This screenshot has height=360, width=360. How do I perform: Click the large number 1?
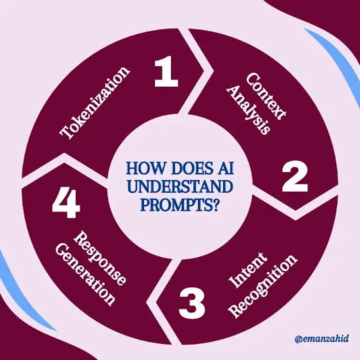point(166,71)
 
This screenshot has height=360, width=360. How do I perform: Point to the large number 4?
point(66,203)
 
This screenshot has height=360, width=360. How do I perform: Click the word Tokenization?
point(94,103)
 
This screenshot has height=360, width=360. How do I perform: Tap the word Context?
point(266,96)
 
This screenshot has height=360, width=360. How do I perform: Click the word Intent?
point(248,270)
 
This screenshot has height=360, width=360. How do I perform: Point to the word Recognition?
point(264,286)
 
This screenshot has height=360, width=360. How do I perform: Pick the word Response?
point(100,258)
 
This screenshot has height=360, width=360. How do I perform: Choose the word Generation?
point(85,274)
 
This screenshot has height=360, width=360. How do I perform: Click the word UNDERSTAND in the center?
point(180,186)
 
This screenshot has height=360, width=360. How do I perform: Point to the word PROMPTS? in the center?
point(179,205)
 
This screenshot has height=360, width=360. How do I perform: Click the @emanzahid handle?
point(321,339)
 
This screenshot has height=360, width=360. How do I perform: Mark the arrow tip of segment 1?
point(204,69)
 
